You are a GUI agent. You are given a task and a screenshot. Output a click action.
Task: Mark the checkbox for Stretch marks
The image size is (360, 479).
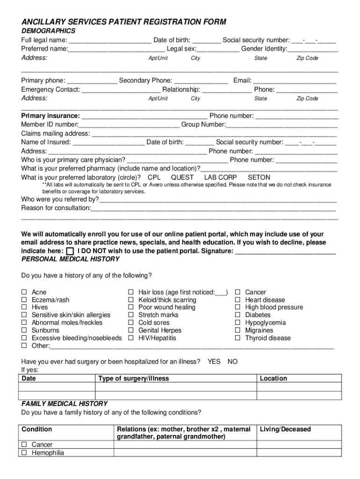[x=131, y=315]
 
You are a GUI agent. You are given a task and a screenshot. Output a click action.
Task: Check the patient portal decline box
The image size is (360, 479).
[x=70, y=251]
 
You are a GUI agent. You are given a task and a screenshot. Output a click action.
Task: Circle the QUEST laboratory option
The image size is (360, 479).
[x=182, y=178]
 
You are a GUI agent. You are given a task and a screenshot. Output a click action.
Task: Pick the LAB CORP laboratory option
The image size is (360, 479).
[x=220, y=178]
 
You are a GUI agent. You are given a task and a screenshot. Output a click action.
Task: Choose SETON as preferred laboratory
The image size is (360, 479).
[x=259, y=178]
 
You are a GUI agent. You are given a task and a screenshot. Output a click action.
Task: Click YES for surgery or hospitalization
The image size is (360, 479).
[x=214, y=362]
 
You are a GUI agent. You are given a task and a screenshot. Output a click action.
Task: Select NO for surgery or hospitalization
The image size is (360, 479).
[x=232, y=362]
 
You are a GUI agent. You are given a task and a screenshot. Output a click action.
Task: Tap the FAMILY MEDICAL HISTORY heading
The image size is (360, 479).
[x=65, y=404]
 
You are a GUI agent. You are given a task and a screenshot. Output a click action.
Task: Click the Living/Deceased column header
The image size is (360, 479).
[x=285, y=429]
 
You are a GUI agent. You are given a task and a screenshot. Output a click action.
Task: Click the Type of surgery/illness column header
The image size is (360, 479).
[x=134, y=378]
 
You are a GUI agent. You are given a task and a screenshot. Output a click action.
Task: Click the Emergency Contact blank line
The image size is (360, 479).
[x=121, y=90]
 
